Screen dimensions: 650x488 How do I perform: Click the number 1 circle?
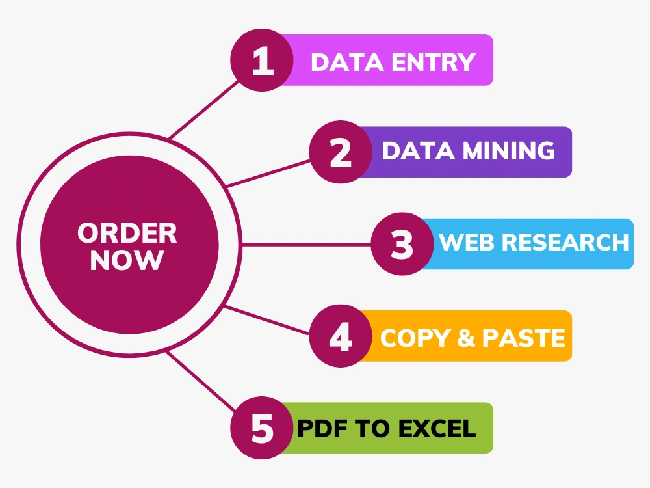(x=262, y=60)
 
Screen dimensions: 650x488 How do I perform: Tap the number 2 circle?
(x=341, y=152)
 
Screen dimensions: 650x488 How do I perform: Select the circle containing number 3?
(x=402, y=244)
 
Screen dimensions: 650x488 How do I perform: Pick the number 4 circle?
(x=341, y=336)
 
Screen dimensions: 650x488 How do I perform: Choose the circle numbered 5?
(x=262, y=428)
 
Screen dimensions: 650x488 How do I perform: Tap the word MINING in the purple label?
(x=509, y=150)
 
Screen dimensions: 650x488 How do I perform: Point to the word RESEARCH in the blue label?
(x=565, y=242)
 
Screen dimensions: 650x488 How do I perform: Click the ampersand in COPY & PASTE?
(x=466, y=338)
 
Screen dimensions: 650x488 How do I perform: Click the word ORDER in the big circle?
(x=127, y=233)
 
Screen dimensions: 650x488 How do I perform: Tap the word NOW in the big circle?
(x=127, y=260)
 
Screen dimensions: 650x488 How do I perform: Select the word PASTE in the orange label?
(x=523, y=338)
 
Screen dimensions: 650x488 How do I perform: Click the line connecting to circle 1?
(x=204, y=109)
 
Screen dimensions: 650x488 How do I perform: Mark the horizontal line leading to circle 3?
(x=306, y=245)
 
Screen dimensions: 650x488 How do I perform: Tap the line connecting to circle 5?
(x=201, y=382)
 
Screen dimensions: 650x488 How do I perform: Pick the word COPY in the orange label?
(x=415, y=338)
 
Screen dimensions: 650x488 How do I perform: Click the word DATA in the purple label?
(x=418, y=150)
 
